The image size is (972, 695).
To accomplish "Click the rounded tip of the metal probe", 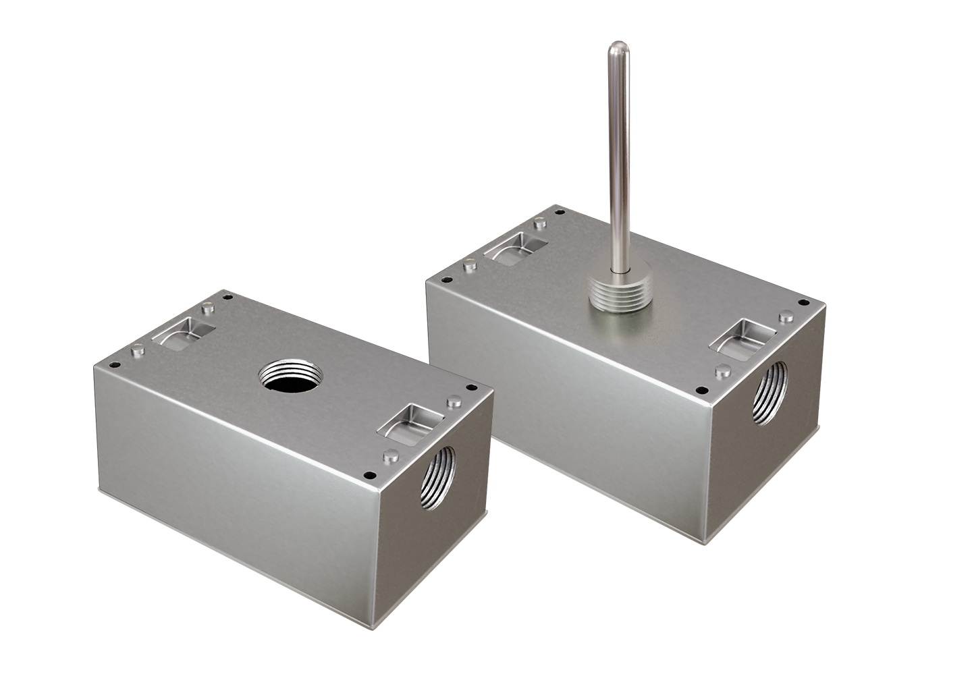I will tap(616, 49).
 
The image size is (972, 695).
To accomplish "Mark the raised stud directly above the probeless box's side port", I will tap(389, 456).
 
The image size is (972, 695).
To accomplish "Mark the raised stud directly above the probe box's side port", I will tap(722, 370).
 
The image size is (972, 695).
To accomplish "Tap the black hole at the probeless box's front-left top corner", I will tap(115, 365).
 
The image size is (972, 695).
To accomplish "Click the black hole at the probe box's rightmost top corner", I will tap(803, 303).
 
